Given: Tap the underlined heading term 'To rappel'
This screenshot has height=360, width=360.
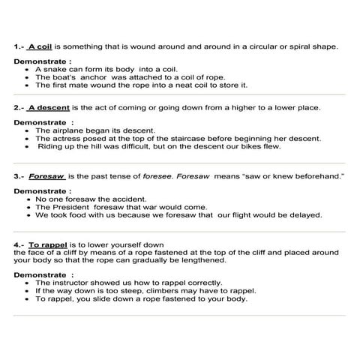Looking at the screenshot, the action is [47, 244].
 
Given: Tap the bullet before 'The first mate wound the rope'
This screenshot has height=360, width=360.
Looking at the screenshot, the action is [28, 85].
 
